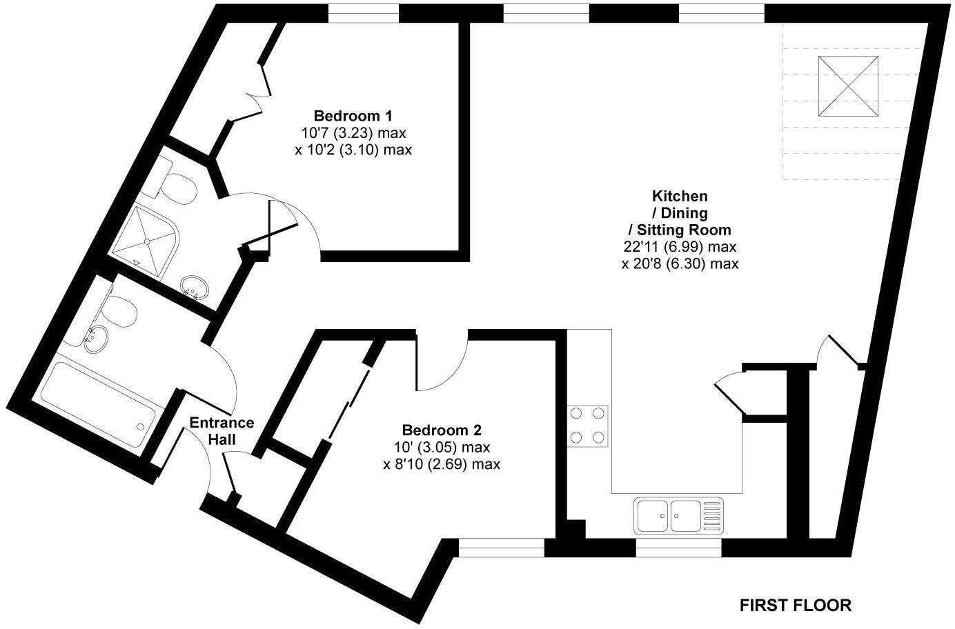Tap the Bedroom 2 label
pyautogui.click(x=442, y=430)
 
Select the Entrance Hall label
pyautogui.click(x=222, y=430)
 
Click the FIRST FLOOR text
pyautogui.click(x=796, y=606)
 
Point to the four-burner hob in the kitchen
pyautogui.click(x=589, y=425)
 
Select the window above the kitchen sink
pyautogui.click(x=678, y=548)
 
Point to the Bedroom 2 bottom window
pyautogui.click(x=502, y=548)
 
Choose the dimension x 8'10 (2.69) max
pyautogui.click(x=442, y=464)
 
